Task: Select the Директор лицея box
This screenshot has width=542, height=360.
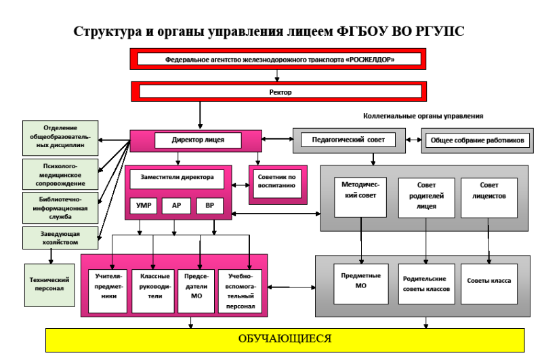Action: [199, 141]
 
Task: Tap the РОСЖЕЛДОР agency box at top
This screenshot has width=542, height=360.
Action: [278, 59]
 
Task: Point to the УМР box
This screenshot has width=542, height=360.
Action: [144, 205]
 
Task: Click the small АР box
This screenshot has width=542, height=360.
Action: [176, 205]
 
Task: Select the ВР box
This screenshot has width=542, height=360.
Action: [209, 205]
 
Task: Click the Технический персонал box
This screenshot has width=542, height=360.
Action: [49, 283]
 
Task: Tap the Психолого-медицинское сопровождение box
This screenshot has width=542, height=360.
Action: [60, 174]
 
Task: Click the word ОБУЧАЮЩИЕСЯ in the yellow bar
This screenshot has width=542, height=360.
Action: [285, 338]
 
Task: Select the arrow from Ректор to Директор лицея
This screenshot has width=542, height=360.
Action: [201, 114]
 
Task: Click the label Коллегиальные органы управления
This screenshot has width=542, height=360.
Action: [423, 116]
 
